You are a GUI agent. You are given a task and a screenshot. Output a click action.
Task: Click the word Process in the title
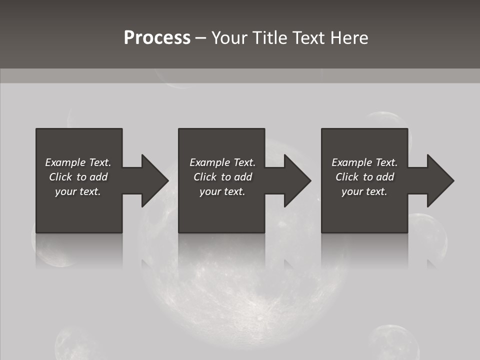click(x=157, y=38)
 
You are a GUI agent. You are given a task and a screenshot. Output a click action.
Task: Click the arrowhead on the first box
click(x=154, y=180)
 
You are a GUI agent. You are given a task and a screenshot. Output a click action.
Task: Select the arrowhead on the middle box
click(x=297, y=180)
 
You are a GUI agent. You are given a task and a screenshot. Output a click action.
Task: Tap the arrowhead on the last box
click(x=440, y=180)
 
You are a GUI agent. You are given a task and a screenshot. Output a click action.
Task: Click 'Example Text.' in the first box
click(x=78, y=162)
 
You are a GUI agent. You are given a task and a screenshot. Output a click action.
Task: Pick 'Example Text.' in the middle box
click(x=222, y=162)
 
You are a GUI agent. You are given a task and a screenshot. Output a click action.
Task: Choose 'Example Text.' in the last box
click(x=364, y=162)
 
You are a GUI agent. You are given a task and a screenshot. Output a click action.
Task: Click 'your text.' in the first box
click(x=78, y=191)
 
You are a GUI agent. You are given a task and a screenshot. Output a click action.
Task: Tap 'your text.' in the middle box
click(x=222, y=191)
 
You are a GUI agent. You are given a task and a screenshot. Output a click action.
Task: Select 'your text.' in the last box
click(x=364, y=191)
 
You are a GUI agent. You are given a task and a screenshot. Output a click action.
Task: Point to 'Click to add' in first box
click(x=78, y=177)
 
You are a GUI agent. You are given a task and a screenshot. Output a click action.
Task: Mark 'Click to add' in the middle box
click(x=222, y=177)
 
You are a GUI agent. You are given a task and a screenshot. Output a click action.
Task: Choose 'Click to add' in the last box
click(x=364, y=177)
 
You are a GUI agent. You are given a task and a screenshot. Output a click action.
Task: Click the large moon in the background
click(x=240, y=300)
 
